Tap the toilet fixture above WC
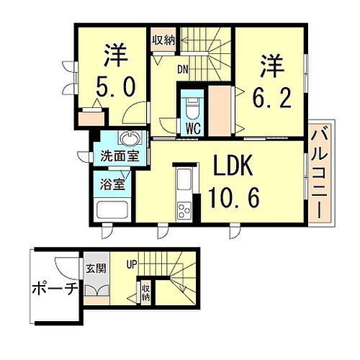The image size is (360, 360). (x=192, y=109)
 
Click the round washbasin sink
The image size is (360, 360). (x=130, y=140)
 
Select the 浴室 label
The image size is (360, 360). (x=113, y=184)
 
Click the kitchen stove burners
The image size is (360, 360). (x=184, y=210)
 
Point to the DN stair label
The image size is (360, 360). (x=184, y=71)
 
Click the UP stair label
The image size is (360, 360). (x=131, y=264)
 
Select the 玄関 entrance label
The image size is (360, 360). (x=96, y=268)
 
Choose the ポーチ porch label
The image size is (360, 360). (x=55, y=289)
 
